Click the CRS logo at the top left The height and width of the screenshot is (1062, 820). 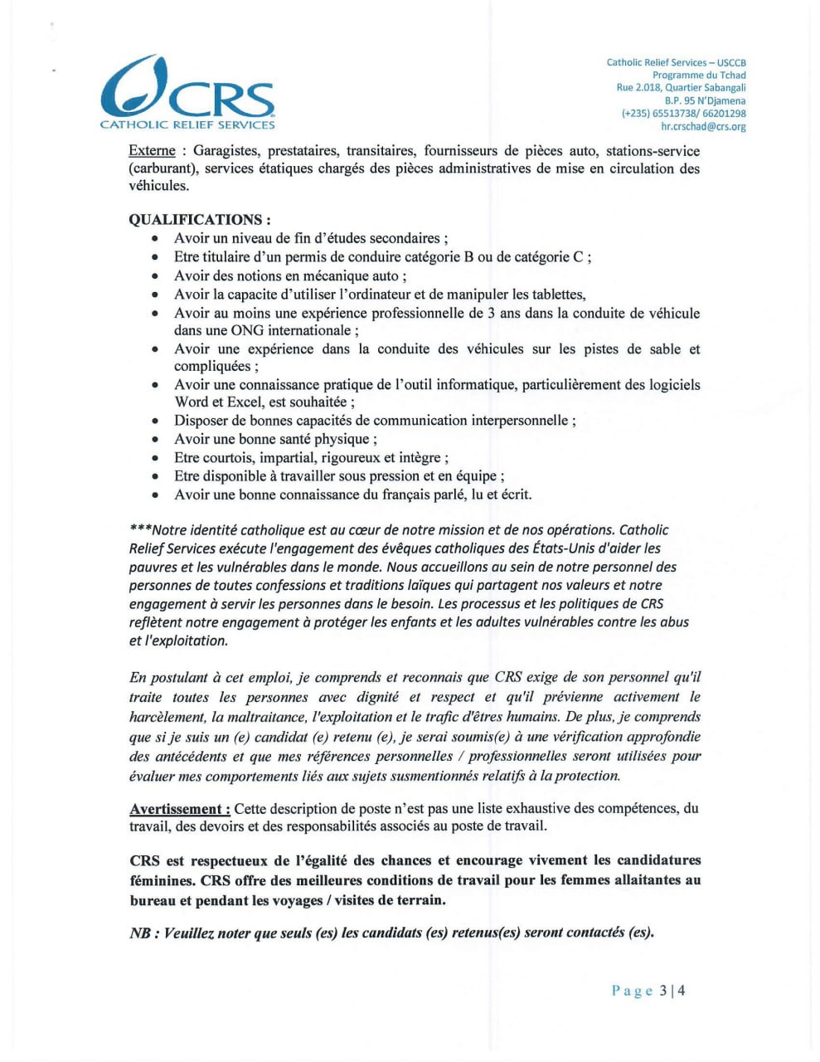(x=187, y=93)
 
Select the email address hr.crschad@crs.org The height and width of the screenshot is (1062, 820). (x=703, y=127)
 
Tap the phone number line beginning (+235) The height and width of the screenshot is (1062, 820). (x=683, y=114)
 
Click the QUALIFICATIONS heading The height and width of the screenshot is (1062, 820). (x=200, y=220)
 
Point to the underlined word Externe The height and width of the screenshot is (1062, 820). (x=152, y=151)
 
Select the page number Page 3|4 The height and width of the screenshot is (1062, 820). (x=648, y=991)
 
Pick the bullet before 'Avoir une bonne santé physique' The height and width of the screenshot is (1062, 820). (x=155, y=440)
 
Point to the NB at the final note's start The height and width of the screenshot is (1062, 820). (x=140, y=933)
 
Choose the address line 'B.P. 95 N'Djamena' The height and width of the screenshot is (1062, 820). (x=705, y=101)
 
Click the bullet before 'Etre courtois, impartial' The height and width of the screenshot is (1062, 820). (x=155, y=458)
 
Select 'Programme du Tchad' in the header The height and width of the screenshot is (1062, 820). (x=699, y=76)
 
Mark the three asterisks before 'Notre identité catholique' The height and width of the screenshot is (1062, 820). (x=141, y=530)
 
